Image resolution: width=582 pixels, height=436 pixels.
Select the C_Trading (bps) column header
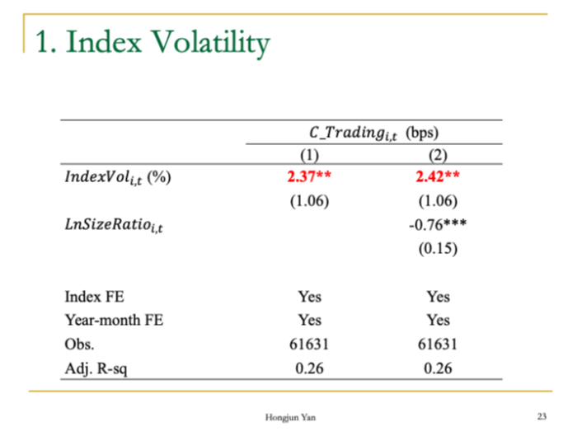point(373,132)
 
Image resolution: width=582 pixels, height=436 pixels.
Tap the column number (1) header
point(309,154)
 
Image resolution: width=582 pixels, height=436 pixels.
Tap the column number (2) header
point(437,154)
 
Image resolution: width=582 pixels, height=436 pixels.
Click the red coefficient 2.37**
point(309,176)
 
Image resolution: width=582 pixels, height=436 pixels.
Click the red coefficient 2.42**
point(438,176)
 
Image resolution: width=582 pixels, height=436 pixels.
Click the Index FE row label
point(95,297)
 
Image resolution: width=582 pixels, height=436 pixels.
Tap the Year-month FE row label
point(114,320)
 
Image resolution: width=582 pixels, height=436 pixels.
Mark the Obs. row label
point(80,344)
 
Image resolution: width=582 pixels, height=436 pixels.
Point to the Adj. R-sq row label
point(96,368)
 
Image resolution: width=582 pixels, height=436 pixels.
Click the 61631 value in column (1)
point(309,344)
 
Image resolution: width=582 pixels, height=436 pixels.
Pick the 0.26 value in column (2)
point(438,368)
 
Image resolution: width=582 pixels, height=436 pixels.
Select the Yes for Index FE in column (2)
point(438,297)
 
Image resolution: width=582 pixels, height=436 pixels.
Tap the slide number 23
point(541,415)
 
